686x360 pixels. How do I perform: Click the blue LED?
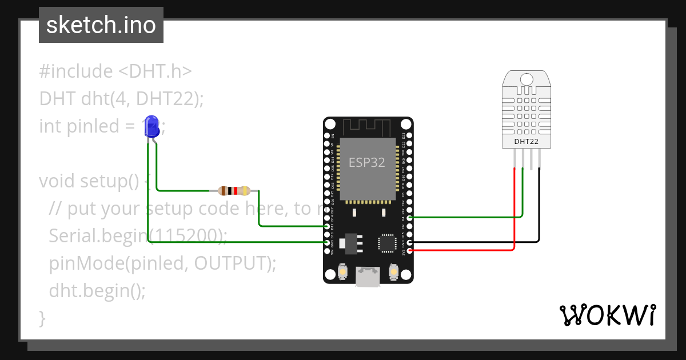click(x=151, y=126)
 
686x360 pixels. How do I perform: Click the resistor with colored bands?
click(x=235, y=191)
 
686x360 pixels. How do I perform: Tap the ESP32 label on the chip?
click(x=367, y=162)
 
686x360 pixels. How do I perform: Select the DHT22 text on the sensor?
click(x=526, y=141)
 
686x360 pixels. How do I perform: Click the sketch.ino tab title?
click(x=101, y=25)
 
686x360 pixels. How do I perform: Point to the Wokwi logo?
click(x=607, y=315)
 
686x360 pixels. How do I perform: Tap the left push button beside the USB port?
click(x=343, y=271)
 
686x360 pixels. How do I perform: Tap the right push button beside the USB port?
click(x=393, y=271)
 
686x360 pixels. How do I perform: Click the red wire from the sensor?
click(x=514, y=217)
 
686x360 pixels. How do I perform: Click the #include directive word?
click(x=76, y=71)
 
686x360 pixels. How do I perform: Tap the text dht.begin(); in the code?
click(x=97, y=291)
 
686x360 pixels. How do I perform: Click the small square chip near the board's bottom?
click(x=387, y=243)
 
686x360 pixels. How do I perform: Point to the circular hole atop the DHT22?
click(x=527, y=79)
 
